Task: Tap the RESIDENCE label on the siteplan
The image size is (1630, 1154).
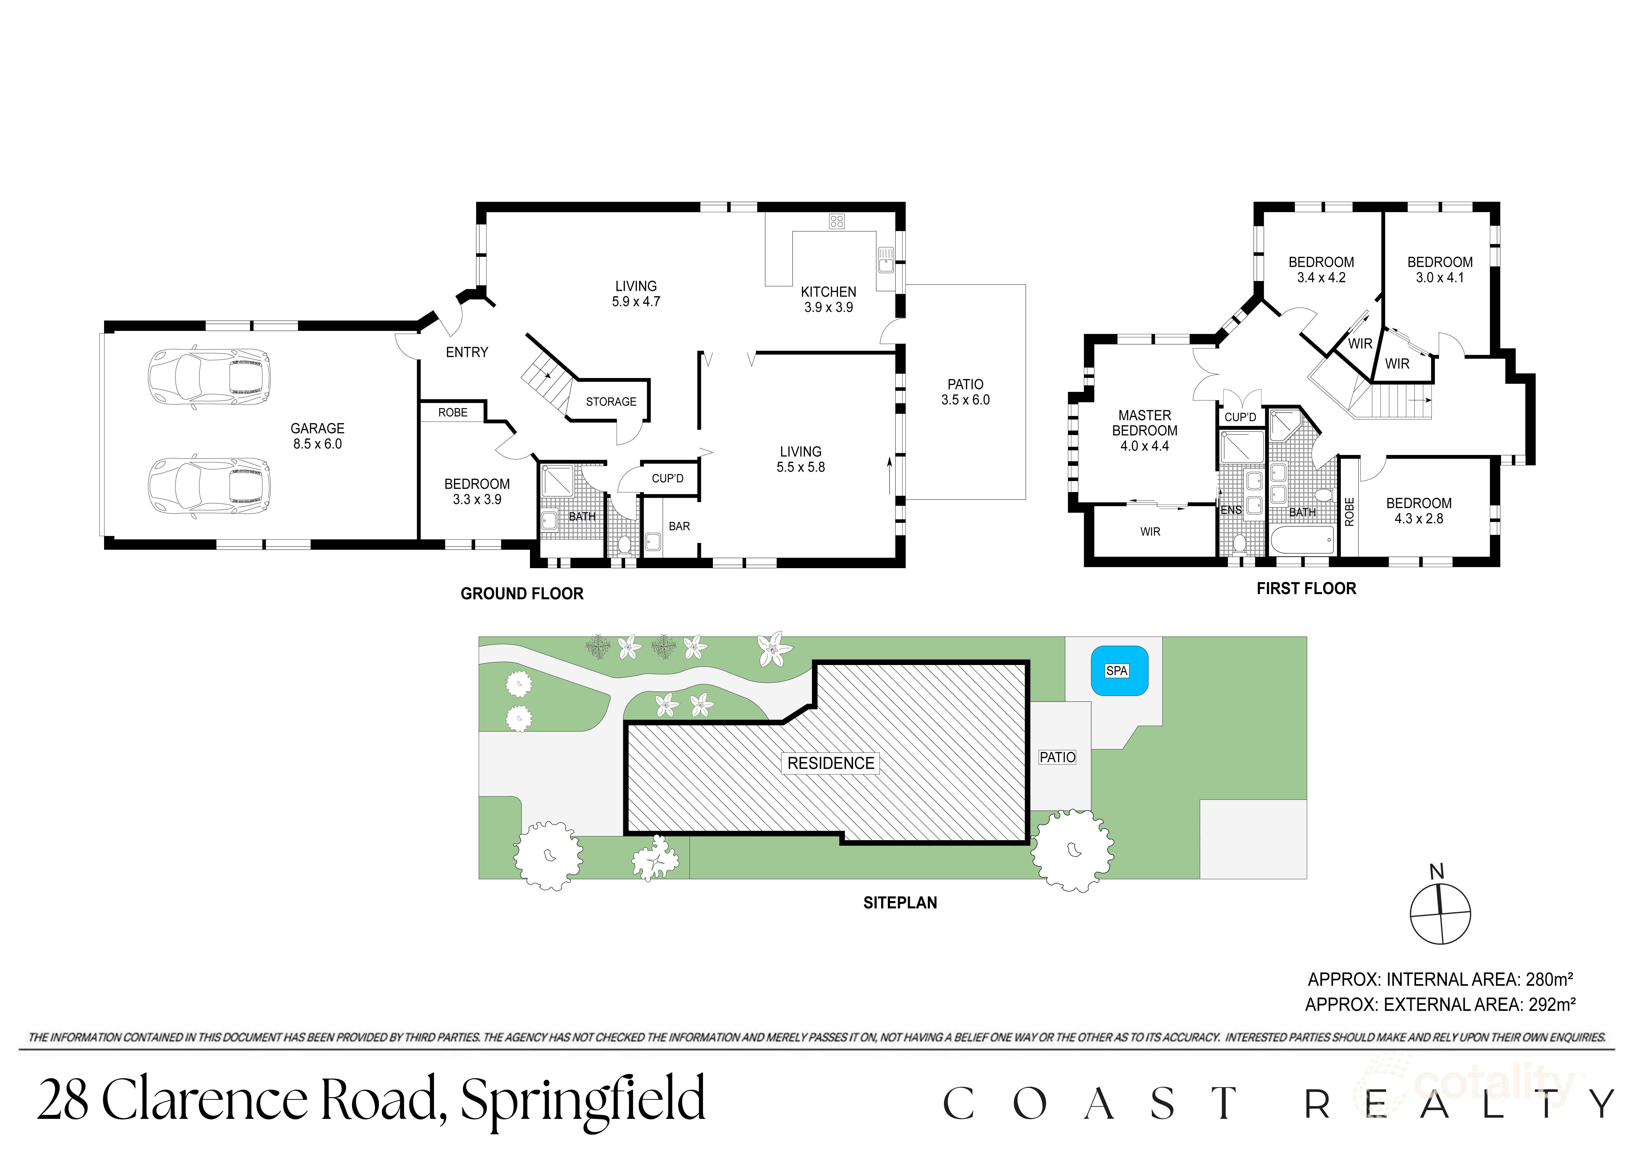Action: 830,763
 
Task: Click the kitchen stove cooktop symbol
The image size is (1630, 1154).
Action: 836,222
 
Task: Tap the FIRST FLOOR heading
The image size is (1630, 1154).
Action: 1306,588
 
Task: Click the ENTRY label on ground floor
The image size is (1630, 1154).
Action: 467,353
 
